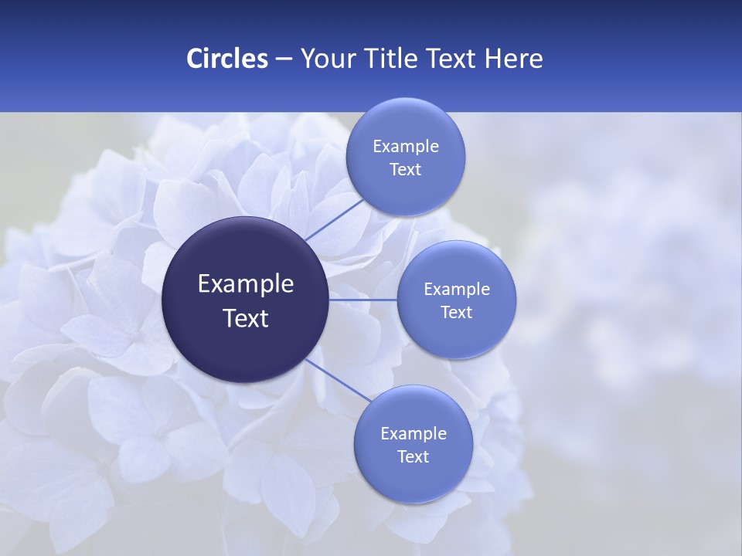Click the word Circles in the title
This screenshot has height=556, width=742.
pos(227,59)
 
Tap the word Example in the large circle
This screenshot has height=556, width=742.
pos(246,284)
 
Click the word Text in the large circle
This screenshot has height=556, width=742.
pos(246,318)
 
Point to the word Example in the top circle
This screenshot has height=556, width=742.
pos(406,147)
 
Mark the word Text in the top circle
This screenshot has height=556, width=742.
pos(406,170)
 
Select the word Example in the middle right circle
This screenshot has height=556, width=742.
pos(457,290)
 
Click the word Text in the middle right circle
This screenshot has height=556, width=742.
pos(457,313)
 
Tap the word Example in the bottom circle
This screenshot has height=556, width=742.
pos(414,434)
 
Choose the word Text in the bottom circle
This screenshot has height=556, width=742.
pos(414,457)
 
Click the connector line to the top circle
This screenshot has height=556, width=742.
pos(334,219)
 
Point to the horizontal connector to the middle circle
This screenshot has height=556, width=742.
pos(363,299)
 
